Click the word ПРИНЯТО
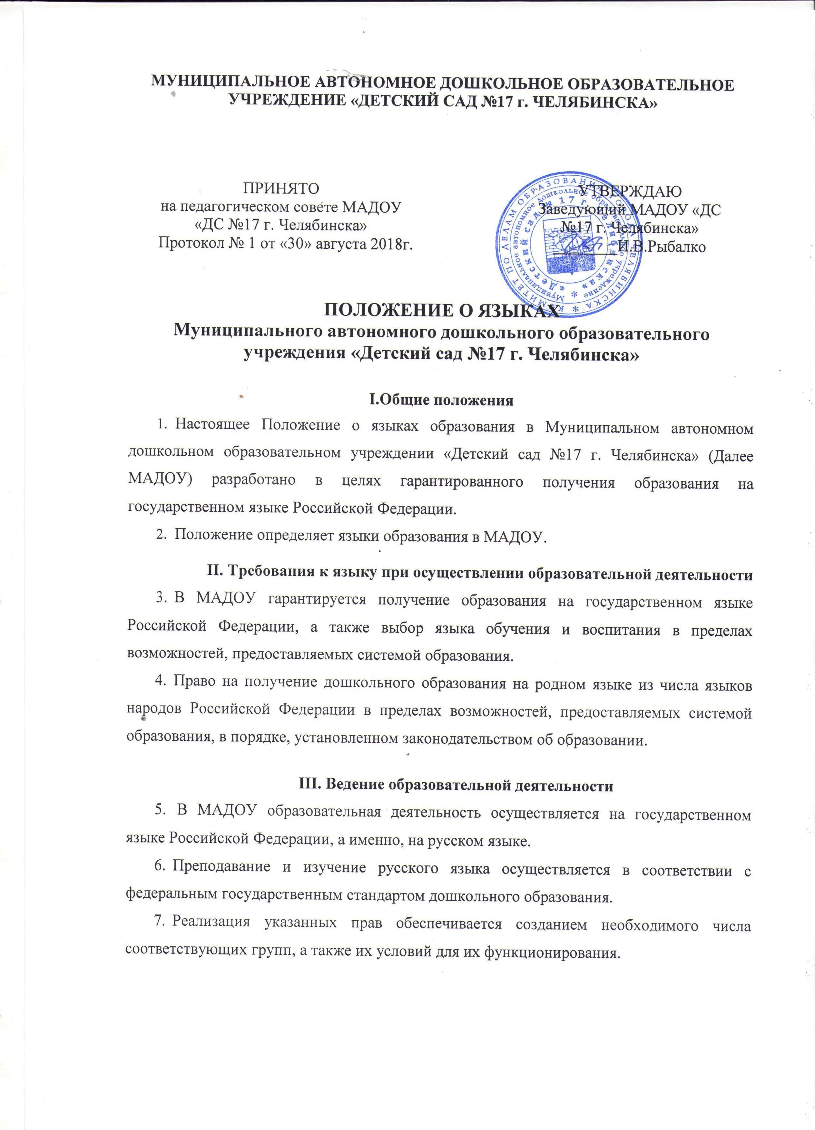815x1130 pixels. [280, 189]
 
